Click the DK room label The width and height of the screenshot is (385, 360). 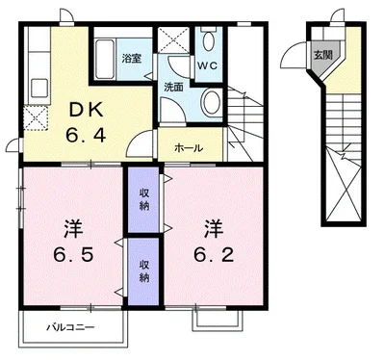87,111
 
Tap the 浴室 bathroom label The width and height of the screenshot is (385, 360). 132,59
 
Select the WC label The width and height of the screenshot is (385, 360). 207,65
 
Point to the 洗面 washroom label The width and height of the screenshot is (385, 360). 173,88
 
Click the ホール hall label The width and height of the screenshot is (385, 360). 189,148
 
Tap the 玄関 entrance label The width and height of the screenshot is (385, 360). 323,55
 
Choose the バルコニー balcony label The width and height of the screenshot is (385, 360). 71,327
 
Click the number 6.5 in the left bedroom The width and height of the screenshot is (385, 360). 73,255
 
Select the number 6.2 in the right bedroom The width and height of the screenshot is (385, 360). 214,255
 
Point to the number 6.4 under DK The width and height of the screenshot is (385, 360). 86,135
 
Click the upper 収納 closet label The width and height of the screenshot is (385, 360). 144,199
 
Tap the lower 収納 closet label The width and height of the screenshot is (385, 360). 144,271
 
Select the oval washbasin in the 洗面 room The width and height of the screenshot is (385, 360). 212,102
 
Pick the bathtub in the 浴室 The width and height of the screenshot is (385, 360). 105,60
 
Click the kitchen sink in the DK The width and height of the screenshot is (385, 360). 39,88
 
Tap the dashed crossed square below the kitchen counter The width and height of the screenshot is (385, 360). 36,118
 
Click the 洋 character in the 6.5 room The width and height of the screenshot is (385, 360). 73,229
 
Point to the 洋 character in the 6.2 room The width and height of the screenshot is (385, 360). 214,229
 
